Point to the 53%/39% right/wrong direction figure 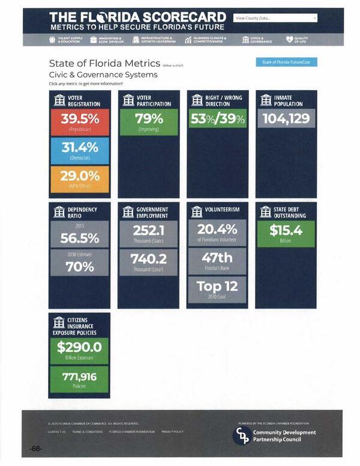217,118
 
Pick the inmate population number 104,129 286,118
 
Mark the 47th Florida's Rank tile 217,259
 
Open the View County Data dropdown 275,18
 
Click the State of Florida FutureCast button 286,62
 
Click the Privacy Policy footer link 172,432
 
